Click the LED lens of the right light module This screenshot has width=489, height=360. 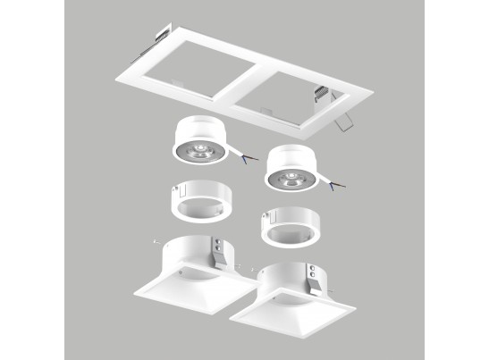tap(291, 176)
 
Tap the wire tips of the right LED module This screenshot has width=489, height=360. tap(336, 185)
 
